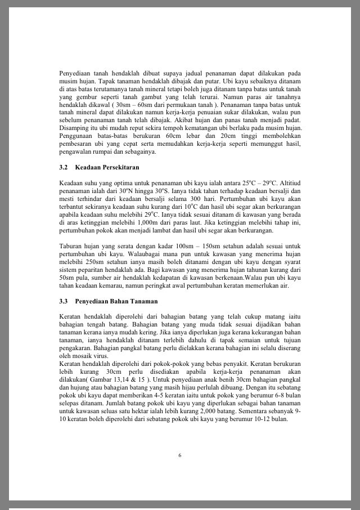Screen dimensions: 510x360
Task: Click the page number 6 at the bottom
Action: pos(180,455)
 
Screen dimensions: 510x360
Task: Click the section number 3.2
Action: pos(63,168)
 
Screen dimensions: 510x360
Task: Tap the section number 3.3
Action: pos(63,301)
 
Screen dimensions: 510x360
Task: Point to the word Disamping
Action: pos(74,128)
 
